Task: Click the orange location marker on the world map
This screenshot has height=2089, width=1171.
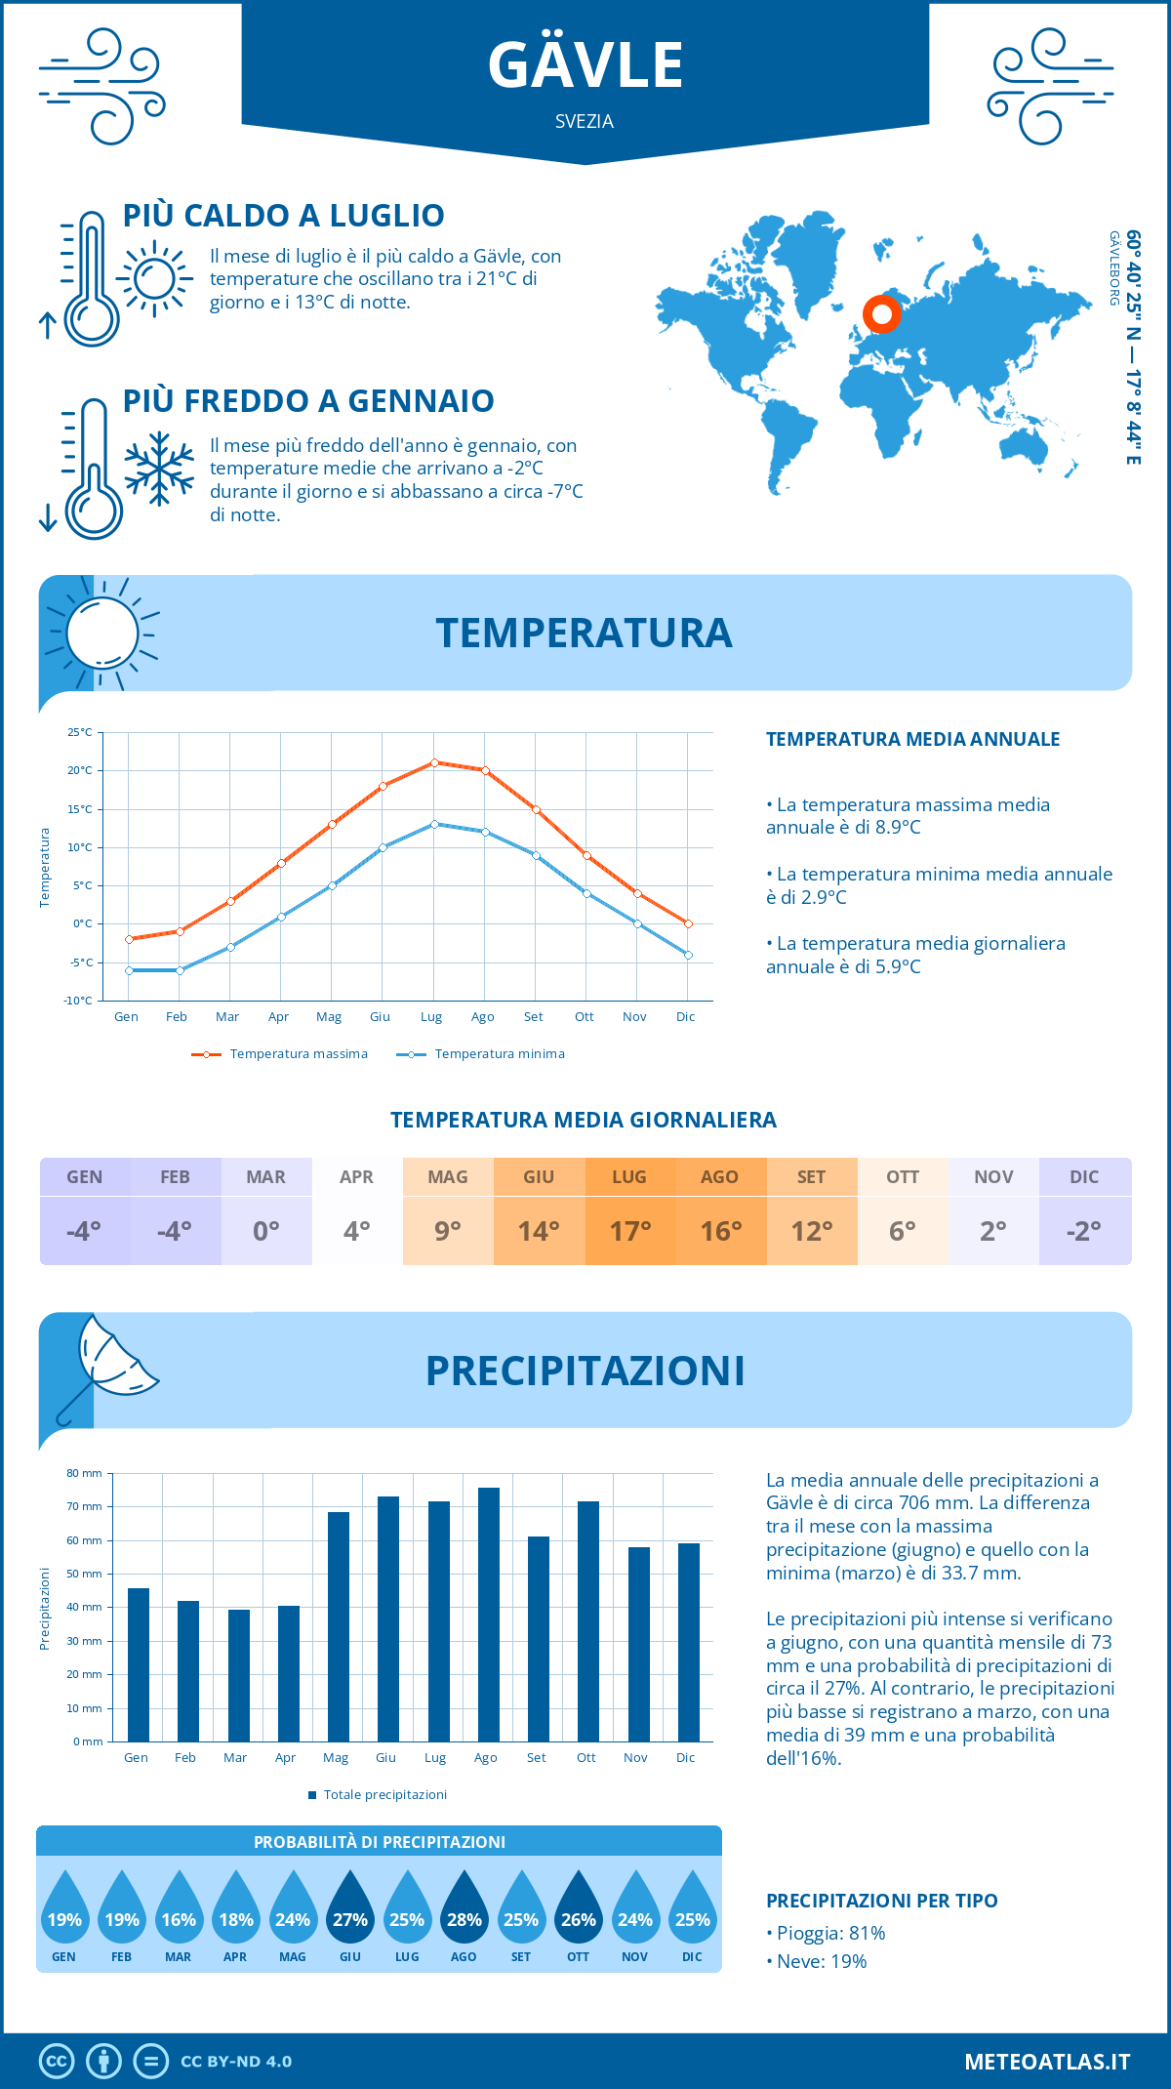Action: [881, 314]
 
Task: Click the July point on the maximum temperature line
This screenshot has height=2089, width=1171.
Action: [434, 762]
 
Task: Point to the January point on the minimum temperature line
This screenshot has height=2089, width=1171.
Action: [129, 970]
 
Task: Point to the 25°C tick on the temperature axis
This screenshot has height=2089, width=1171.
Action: [80, 732]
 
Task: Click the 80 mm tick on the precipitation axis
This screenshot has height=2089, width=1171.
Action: [85, 1473]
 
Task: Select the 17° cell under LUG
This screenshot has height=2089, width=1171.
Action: [629, 1231]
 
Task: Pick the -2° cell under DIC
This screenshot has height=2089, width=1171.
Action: [1084, 1231]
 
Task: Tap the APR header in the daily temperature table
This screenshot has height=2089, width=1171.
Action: [356, 1177]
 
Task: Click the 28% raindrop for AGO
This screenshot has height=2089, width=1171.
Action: [464, 1907]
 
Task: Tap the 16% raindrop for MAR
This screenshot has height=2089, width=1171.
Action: [179, 1907]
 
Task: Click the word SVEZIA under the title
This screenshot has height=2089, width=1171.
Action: [585, 122]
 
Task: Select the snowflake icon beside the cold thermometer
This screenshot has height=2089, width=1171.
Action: [159, 469]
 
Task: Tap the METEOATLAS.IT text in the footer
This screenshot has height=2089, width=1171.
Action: [1047, 2062]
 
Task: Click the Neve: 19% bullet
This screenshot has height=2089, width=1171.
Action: [821, 1961]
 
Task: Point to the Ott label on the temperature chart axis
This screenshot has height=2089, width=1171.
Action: [584, 1017]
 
